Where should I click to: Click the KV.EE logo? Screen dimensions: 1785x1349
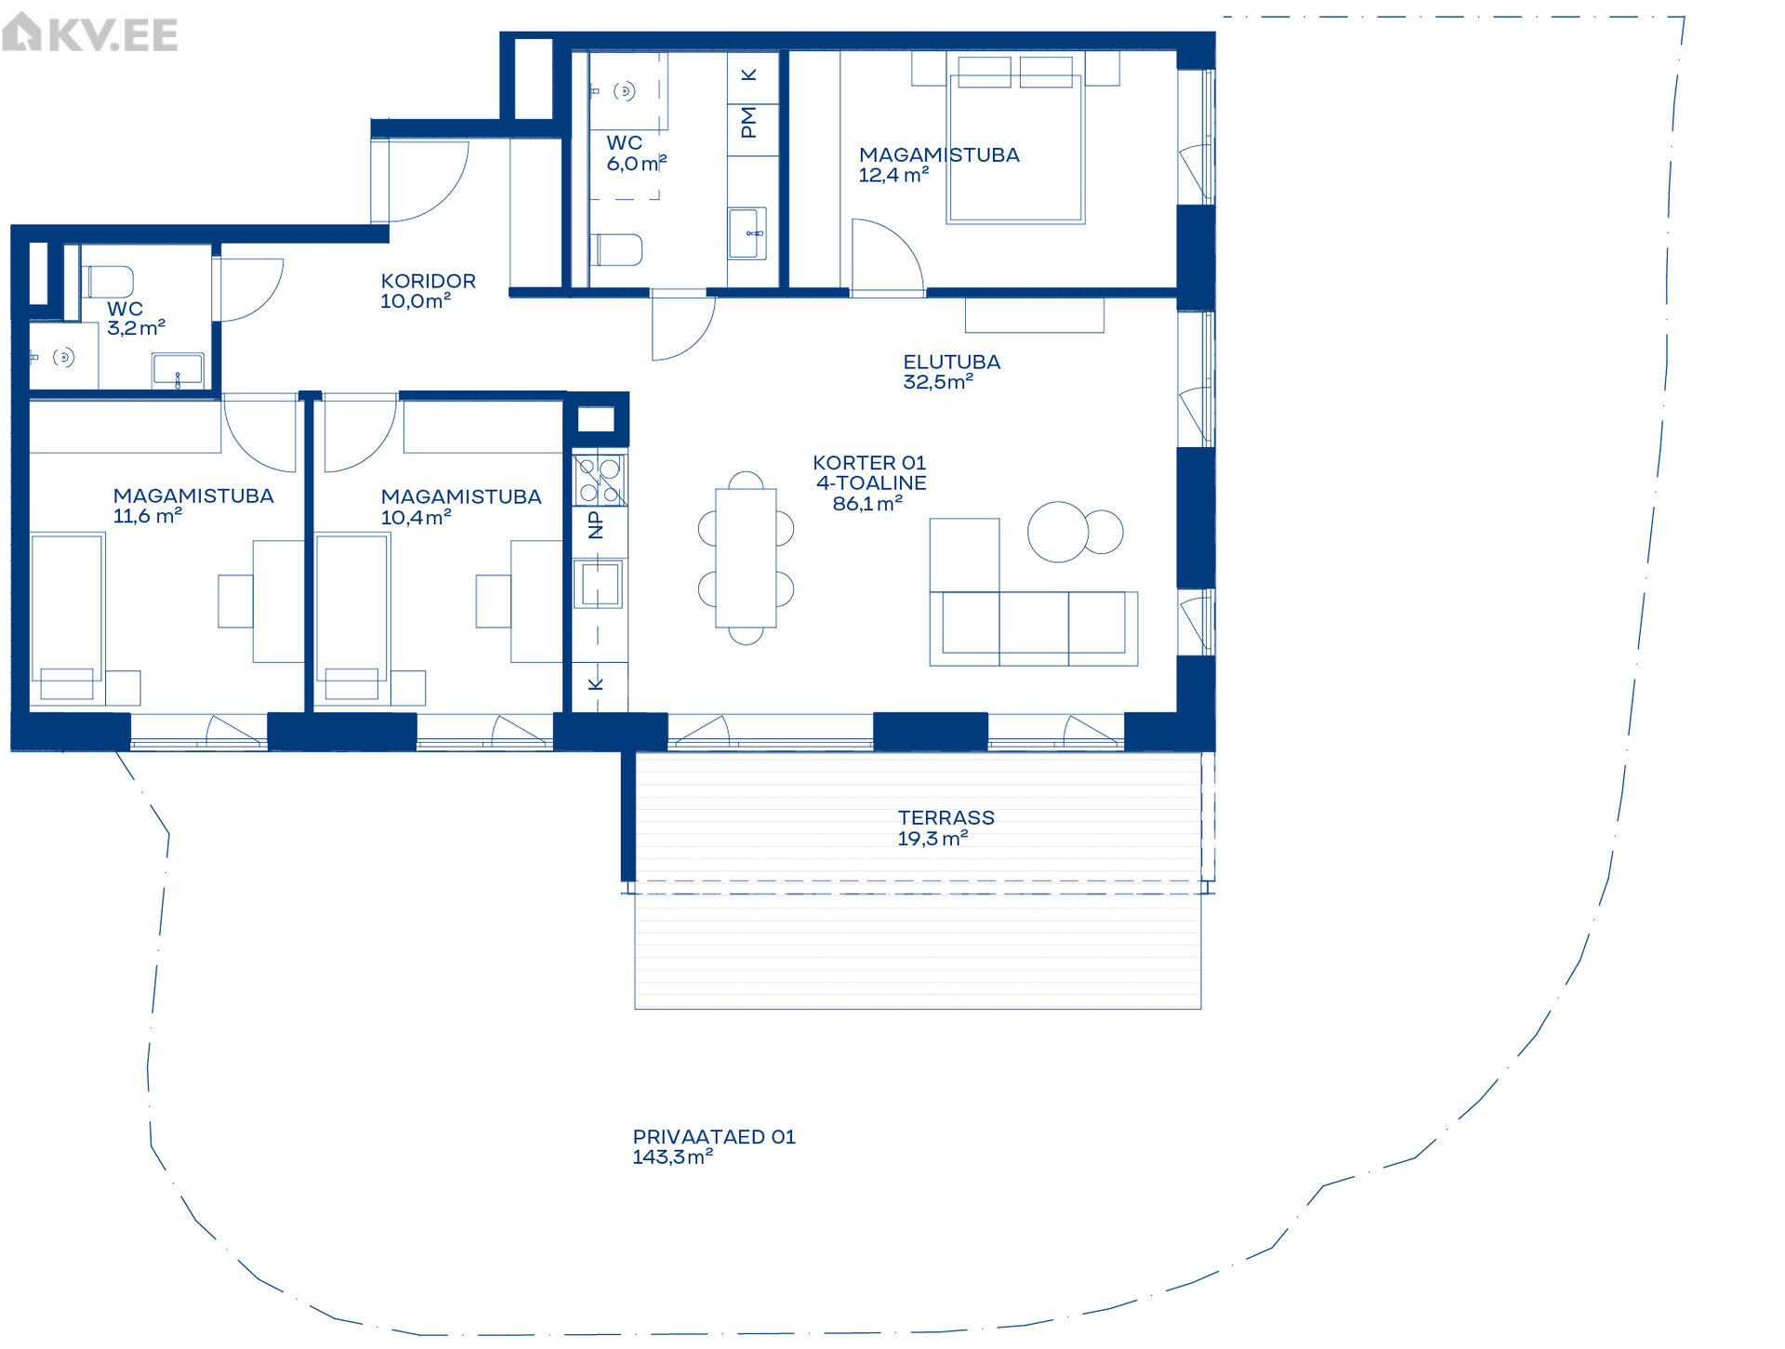pos(89,34)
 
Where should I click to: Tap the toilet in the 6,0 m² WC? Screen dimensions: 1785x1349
pos(616,249)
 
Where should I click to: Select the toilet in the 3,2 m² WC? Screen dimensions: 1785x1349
pos(108,282)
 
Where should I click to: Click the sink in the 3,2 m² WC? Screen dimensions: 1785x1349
pos(178,369)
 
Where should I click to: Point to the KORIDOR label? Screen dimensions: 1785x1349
pos(429,281)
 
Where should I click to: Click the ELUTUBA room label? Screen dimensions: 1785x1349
pos(952,362)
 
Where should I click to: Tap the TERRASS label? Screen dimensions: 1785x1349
pos(946,817)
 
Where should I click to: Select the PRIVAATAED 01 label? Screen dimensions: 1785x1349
pos(714,1136)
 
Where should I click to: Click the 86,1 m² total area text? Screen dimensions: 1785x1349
pos(867,504)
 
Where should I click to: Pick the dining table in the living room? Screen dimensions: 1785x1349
pos(746,558)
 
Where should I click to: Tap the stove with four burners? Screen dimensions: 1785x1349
pos(600,480)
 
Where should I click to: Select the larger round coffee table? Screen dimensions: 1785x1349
pos(1058,532)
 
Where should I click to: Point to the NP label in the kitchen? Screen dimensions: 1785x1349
pos(596,525)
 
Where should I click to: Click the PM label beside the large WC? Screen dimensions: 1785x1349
pos(749,122)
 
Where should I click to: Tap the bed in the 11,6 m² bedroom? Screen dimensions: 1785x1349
pos(67,615)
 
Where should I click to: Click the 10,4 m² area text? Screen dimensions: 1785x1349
pos(416,517)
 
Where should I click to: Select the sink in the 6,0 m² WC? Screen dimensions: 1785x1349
pos(747,233)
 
